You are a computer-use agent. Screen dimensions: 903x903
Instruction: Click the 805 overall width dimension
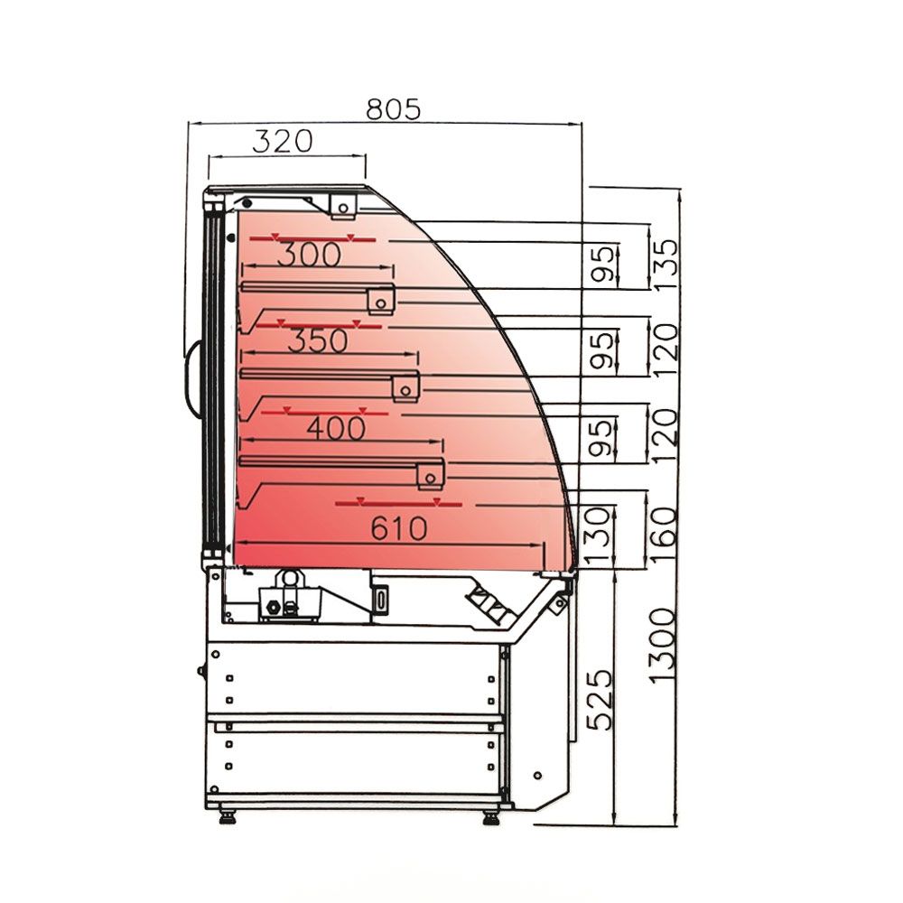(394, 109)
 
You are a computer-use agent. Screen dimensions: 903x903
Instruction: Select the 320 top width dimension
(282, 141)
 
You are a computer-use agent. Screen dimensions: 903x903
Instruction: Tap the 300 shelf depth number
(309, 255)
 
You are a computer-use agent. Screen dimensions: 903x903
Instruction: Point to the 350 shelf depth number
(317, 340)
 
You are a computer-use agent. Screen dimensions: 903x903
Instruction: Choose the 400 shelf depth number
(336, 428)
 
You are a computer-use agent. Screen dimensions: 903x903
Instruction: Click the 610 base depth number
(398, 528)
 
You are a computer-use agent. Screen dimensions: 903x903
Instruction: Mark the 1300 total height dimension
(662, 646)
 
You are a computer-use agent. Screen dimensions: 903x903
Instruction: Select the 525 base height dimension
(600, 700)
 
